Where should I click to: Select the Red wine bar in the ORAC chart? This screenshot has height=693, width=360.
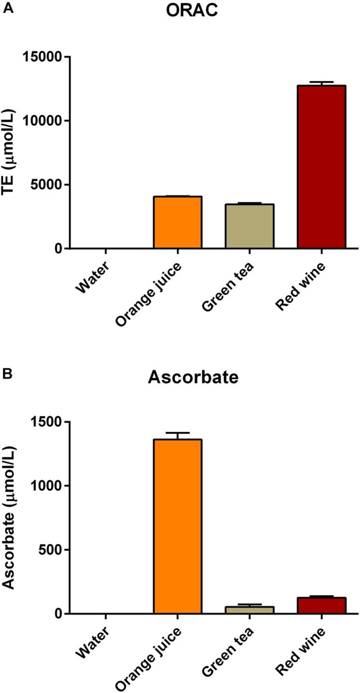click(321, 167)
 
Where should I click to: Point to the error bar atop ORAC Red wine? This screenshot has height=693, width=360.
click(321, 83)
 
